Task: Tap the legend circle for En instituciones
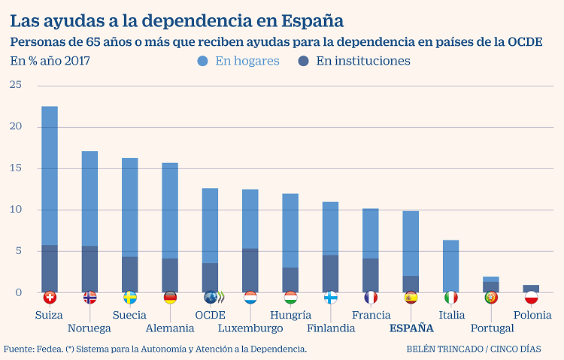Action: tap(304, 61)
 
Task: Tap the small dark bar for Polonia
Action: tap(531, 289)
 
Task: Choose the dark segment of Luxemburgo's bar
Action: tap(250, 270)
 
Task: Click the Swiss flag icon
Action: tap(50, 297)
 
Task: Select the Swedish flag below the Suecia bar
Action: tap(130, 297)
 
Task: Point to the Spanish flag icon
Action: tap(411, 297)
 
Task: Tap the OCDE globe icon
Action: tap(211, 297)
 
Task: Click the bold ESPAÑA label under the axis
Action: tap(411, 328)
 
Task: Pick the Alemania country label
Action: tap(170, 328)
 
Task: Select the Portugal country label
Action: tap(492, 328)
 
